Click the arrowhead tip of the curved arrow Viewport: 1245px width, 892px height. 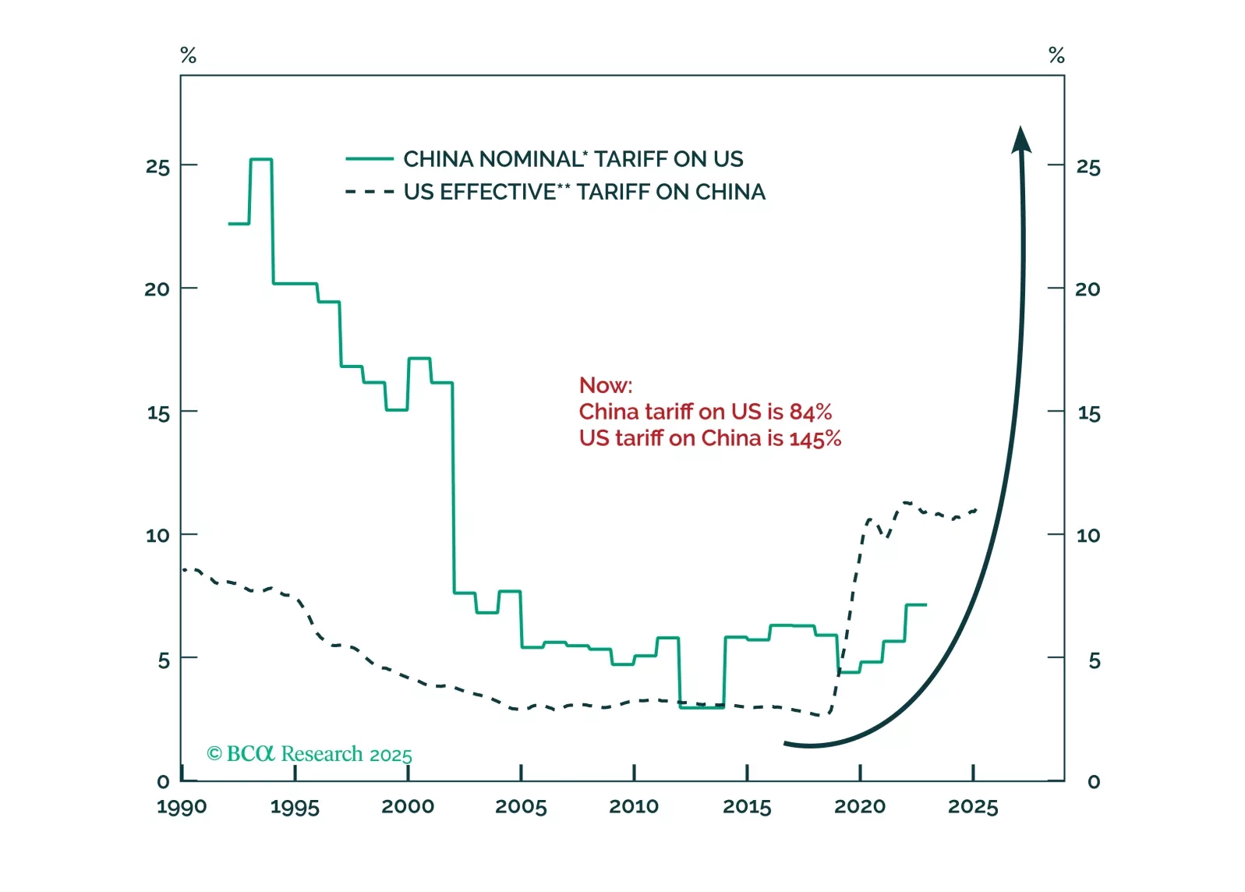click(1020, 129)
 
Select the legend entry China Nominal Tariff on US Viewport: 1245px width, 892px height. click(573, 159)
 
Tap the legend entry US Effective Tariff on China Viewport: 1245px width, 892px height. click(584, 192)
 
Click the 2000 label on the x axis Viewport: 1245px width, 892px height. click(408, 806)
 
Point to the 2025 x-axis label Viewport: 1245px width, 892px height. click(973, 806)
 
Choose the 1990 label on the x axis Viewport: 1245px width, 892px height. click(182, 806)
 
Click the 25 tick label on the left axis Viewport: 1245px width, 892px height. click(157, 167)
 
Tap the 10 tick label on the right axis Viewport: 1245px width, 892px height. click(1088, 536)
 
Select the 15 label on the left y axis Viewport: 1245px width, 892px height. click(158, 413)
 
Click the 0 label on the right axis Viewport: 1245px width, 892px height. click(1094, 782)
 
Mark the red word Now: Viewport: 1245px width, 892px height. click(606, 385)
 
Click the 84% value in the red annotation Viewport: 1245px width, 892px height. click(810, 412)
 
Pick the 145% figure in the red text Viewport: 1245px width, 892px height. click(815, 438)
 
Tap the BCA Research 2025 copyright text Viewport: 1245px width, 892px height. click(309, 754)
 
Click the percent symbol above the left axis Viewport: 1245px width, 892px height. click(188, 55)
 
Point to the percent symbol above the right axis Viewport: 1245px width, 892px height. click(1056, 55)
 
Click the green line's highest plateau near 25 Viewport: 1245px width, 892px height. click(261, 160)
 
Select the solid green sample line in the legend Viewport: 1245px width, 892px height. click(370, 159)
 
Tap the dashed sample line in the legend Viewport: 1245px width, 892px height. click(370, 192)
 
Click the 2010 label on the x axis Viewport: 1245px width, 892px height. click(634, 806)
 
